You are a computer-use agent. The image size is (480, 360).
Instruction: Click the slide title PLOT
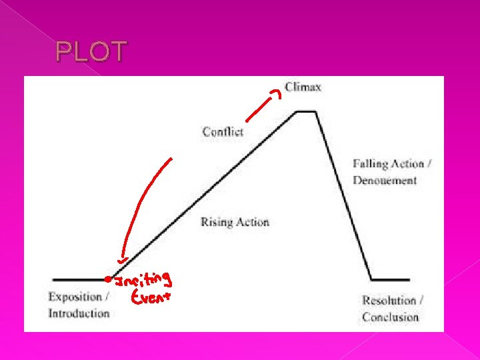click(x=91, y=52)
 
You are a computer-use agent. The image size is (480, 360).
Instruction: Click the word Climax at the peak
click(x=303, y=87)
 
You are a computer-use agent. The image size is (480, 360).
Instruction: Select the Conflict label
click(x=223, y=131)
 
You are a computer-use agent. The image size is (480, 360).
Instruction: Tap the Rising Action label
click(x=235, y=222)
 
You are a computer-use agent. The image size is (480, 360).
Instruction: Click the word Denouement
click(x=385, y=180)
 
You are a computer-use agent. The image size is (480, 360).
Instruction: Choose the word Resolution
click(x=387, y=301)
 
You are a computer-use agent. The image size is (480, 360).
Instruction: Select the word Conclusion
click(x=390, y=316)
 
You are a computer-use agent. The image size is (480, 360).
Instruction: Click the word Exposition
click(x=75, y=297)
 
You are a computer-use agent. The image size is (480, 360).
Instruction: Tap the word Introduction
click(x=79, y=313)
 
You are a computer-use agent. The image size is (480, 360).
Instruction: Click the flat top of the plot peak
click(x=306, y=112)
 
